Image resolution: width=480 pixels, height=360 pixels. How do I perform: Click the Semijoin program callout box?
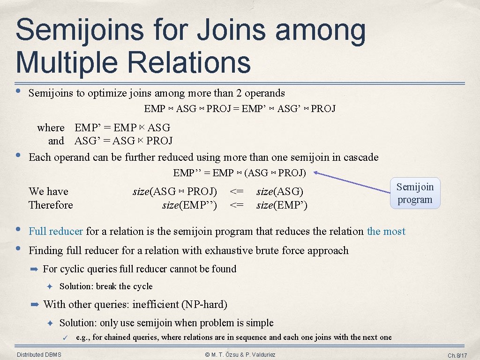click(415, 193)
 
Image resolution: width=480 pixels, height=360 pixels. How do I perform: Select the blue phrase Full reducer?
click(56, 231)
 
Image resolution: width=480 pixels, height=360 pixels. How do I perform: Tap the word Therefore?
click(51, 205)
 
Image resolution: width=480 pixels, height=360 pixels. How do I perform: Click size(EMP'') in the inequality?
click(189, 205)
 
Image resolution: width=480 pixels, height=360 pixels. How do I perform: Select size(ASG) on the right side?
click(280, 191)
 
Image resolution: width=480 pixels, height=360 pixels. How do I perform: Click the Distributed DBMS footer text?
click(39, 355)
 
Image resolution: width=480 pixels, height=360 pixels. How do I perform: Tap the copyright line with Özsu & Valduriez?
click(240, 355)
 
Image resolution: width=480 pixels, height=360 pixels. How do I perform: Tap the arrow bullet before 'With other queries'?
click(34, 305)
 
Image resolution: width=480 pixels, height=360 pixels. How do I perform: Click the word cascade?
click(360, 157)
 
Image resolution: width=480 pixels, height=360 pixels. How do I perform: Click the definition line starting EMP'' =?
click(239, 173)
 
